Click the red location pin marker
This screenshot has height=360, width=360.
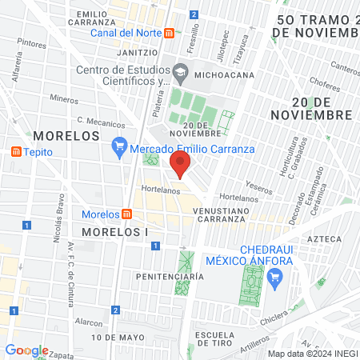pyautogui.click(x=181, y=166)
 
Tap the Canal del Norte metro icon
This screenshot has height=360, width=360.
pyautogui.click(x=169, y=34)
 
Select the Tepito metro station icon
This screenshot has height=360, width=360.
pyautogui.click(x=16, y=152)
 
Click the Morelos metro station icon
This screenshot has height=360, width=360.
pyautogui.click(x=126, y=214)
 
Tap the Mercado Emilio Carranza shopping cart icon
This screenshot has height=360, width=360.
pyautogui.click(x=120, y=147)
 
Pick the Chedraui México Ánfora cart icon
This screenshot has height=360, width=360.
pyautogui.click(x=277, y=277)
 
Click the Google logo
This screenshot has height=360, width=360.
pyautogui.click(x=26, y=350)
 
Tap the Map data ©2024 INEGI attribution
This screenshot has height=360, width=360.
pyautogui.click(x=311, y=354)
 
